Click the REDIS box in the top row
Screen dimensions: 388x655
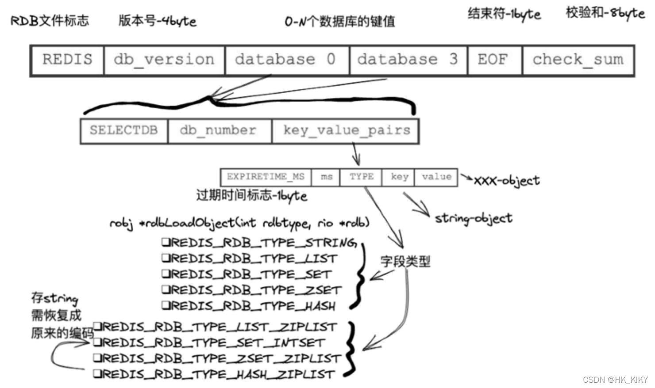coord(67,60)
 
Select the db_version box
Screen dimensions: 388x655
coord(164,60)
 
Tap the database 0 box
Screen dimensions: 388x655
coord(287,60)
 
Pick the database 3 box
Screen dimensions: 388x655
coord(408,60)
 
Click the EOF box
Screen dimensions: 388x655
coord(494,60)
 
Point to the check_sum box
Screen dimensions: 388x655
coord(578,60)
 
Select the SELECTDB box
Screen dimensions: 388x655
coord(124,131)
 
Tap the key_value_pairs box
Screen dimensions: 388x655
coord(346,131)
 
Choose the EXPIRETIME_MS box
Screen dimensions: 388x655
coord(266,177)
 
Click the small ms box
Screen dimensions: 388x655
coord(326,177)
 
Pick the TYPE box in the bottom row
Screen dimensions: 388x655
coord(361,177)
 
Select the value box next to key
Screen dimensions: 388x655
coord(436,177)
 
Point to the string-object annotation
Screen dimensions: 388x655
coord(473,218)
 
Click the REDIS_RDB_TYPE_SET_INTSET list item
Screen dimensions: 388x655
coord(210,342)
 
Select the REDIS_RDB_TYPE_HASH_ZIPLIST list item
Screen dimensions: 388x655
coord(214,374)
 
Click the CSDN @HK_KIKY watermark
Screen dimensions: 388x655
coord(615,380)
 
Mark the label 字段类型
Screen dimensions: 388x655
coord(405,262)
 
